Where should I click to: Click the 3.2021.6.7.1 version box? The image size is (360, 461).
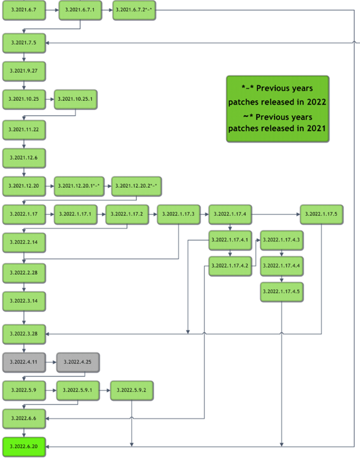click(80, 10)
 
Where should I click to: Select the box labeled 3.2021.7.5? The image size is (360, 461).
click(24, 42)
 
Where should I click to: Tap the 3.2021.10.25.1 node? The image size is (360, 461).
click(75, 99)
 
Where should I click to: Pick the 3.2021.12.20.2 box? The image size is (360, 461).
click(136, 185)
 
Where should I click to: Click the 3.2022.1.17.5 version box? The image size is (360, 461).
click(321, 214)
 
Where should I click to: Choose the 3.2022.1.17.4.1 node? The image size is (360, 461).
click(229, 240)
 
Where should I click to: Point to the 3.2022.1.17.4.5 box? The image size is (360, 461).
click(281, 292)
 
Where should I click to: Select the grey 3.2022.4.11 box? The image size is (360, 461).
click(24, 362)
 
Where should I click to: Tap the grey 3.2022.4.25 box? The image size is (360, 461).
click(78, 362)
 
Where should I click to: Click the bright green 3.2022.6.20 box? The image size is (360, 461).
click(24, 446)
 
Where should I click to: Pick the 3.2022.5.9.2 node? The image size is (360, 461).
click(132, 391)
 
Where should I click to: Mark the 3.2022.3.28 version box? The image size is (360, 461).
click(24, 334)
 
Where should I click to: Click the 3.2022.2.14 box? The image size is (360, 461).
click(24, 241)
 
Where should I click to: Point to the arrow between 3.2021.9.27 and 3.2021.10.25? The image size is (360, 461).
click(24, 84)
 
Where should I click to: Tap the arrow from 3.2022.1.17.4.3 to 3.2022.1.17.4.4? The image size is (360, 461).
click(281, 252)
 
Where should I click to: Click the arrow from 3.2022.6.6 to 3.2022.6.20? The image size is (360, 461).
click(24, 431)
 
